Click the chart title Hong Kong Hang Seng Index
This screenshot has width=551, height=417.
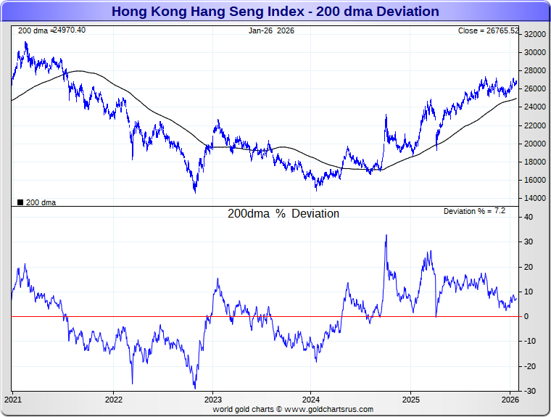275,12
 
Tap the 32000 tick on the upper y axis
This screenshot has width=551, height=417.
535,34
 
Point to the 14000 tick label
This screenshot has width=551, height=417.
535,198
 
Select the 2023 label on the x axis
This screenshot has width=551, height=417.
212,400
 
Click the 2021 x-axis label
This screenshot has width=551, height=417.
14,400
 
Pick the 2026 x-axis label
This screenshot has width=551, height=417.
510,400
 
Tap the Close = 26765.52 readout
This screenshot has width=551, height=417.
489,30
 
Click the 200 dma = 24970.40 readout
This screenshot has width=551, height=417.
51,30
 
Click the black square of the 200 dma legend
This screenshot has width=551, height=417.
20,202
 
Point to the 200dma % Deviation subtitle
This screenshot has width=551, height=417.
283,214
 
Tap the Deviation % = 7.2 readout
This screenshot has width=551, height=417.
474,211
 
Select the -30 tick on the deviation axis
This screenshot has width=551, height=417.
530,391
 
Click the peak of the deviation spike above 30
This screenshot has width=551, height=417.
386,235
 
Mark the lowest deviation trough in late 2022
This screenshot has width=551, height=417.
194,387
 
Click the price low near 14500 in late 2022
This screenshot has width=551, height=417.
195,191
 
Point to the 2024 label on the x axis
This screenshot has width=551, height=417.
311,400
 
